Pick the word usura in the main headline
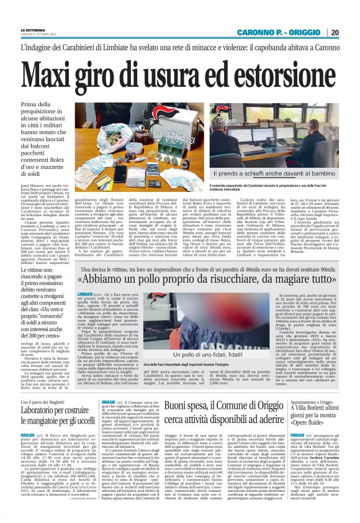[x=181, y=71]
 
